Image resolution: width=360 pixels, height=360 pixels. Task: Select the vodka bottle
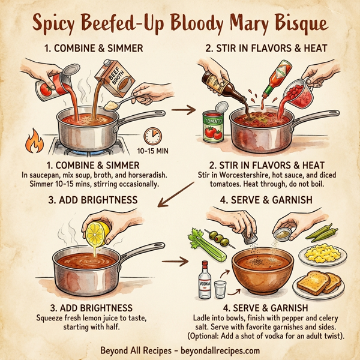click(205, 279)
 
